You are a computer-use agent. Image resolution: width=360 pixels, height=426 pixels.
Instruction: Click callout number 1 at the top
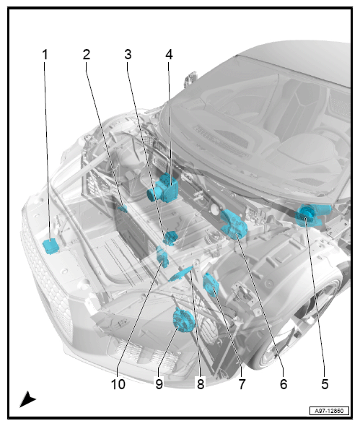(45, 55)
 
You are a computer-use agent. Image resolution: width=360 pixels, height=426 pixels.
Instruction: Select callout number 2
(87, 55)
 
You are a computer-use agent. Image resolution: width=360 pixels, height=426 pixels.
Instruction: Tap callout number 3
(128, 55)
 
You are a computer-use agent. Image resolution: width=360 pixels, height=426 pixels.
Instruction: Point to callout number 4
(169, 55)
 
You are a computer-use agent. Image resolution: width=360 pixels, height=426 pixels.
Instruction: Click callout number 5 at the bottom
(325, 384)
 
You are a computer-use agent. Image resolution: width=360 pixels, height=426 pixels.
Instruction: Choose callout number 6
(284, 384)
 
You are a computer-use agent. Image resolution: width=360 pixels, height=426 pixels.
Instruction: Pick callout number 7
(242, 384)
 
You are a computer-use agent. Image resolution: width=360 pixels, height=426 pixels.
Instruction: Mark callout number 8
(201, 384)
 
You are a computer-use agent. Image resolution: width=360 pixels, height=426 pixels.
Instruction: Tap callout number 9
(159, 384)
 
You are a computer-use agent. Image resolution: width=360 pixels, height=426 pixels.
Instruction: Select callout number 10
(118, 384)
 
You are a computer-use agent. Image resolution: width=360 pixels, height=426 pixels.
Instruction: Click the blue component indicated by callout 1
(51, 246)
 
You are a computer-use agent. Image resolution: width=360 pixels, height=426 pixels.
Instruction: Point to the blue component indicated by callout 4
(163, 188)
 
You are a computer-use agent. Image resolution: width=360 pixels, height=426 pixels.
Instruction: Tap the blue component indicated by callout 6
(234, 224)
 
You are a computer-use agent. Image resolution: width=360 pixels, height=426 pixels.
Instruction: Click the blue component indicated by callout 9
(184, 320)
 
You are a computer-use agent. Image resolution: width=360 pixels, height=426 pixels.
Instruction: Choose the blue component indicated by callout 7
(211, 284)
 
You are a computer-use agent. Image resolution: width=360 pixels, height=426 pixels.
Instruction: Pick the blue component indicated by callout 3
(170, 238)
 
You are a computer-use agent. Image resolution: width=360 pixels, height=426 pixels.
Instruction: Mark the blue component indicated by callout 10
(162, 256)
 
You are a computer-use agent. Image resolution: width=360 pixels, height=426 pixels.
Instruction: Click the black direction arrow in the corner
(27, 399)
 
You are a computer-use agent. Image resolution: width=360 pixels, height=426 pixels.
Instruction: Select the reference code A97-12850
(329, 411)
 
